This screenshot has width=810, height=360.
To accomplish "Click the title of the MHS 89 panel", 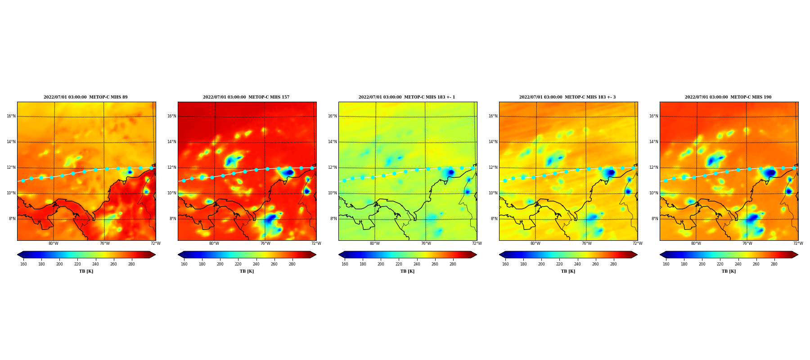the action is (x=85, y=97).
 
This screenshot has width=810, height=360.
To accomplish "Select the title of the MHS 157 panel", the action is (x=246, y=97).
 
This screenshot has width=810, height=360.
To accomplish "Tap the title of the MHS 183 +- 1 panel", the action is (x=407, y=97).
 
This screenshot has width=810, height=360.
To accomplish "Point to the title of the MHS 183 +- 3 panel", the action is (x=567, y=97).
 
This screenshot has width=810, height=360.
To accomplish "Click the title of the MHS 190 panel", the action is (x=728, y=97).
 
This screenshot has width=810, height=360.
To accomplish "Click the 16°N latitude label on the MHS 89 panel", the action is (x=11, y=116).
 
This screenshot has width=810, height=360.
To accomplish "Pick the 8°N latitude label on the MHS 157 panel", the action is (x=173, y=219).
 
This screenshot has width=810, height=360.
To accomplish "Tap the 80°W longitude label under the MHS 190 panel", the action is (x=696, y=243).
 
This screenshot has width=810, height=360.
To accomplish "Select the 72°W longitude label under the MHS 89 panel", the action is (x=156, y=243).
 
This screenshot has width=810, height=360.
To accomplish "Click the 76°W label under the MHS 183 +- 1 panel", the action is (x=426, y=243).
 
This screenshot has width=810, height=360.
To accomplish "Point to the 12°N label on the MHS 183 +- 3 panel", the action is (x=493, y=167).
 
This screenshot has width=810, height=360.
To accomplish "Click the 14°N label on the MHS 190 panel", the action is (x=654, y=142).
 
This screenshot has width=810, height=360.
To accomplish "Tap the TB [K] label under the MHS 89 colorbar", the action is (x=86, y=271).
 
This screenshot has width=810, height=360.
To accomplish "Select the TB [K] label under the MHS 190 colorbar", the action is (x=729, y=271).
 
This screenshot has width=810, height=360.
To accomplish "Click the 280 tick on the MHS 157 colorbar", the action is (x=292, y=264).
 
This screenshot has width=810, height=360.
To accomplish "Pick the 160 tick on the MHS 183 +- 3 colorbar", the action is (x=505, y=264).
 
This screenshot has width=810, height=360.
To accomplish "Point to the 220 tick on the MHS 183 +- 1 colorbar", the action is (x=399, y=264).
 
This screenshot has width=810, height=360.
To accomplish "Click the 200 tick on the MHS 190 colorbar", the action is (x=702, y=264).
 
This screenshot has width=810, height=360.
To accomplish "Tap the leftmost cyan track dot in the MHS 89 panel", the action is (x=23, y=180).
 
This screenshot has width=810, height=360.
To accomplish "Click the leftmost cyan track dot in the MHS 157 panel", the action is (x=184, y=180).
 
